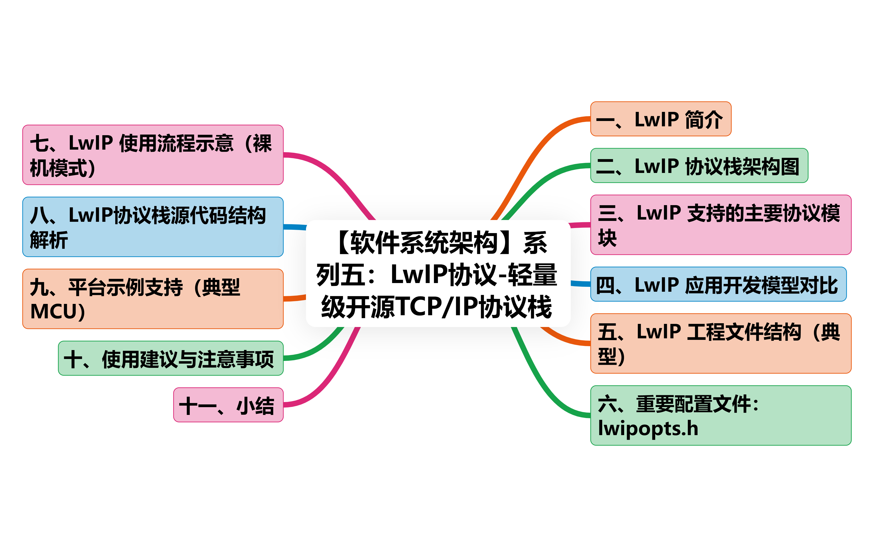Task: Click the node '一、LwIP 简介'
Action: click(661, 119)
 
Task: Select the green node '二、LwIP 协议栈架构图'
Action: click(699, 166)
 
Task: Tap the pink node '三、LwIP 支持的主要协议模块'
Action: click(721, 225)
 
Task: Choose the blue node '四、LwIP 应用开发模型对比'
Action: click(718, 284)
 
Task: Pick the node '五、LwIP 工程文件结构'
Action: click(721, 343)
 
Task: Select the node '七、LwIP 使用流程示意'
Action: click(153, 155)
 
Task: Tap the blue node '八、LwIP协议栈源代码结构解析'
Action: click(153, 227)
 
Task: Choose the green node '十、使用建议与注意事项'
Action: click(171, 358)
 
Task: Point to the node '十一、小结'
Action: click(228, 405)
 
